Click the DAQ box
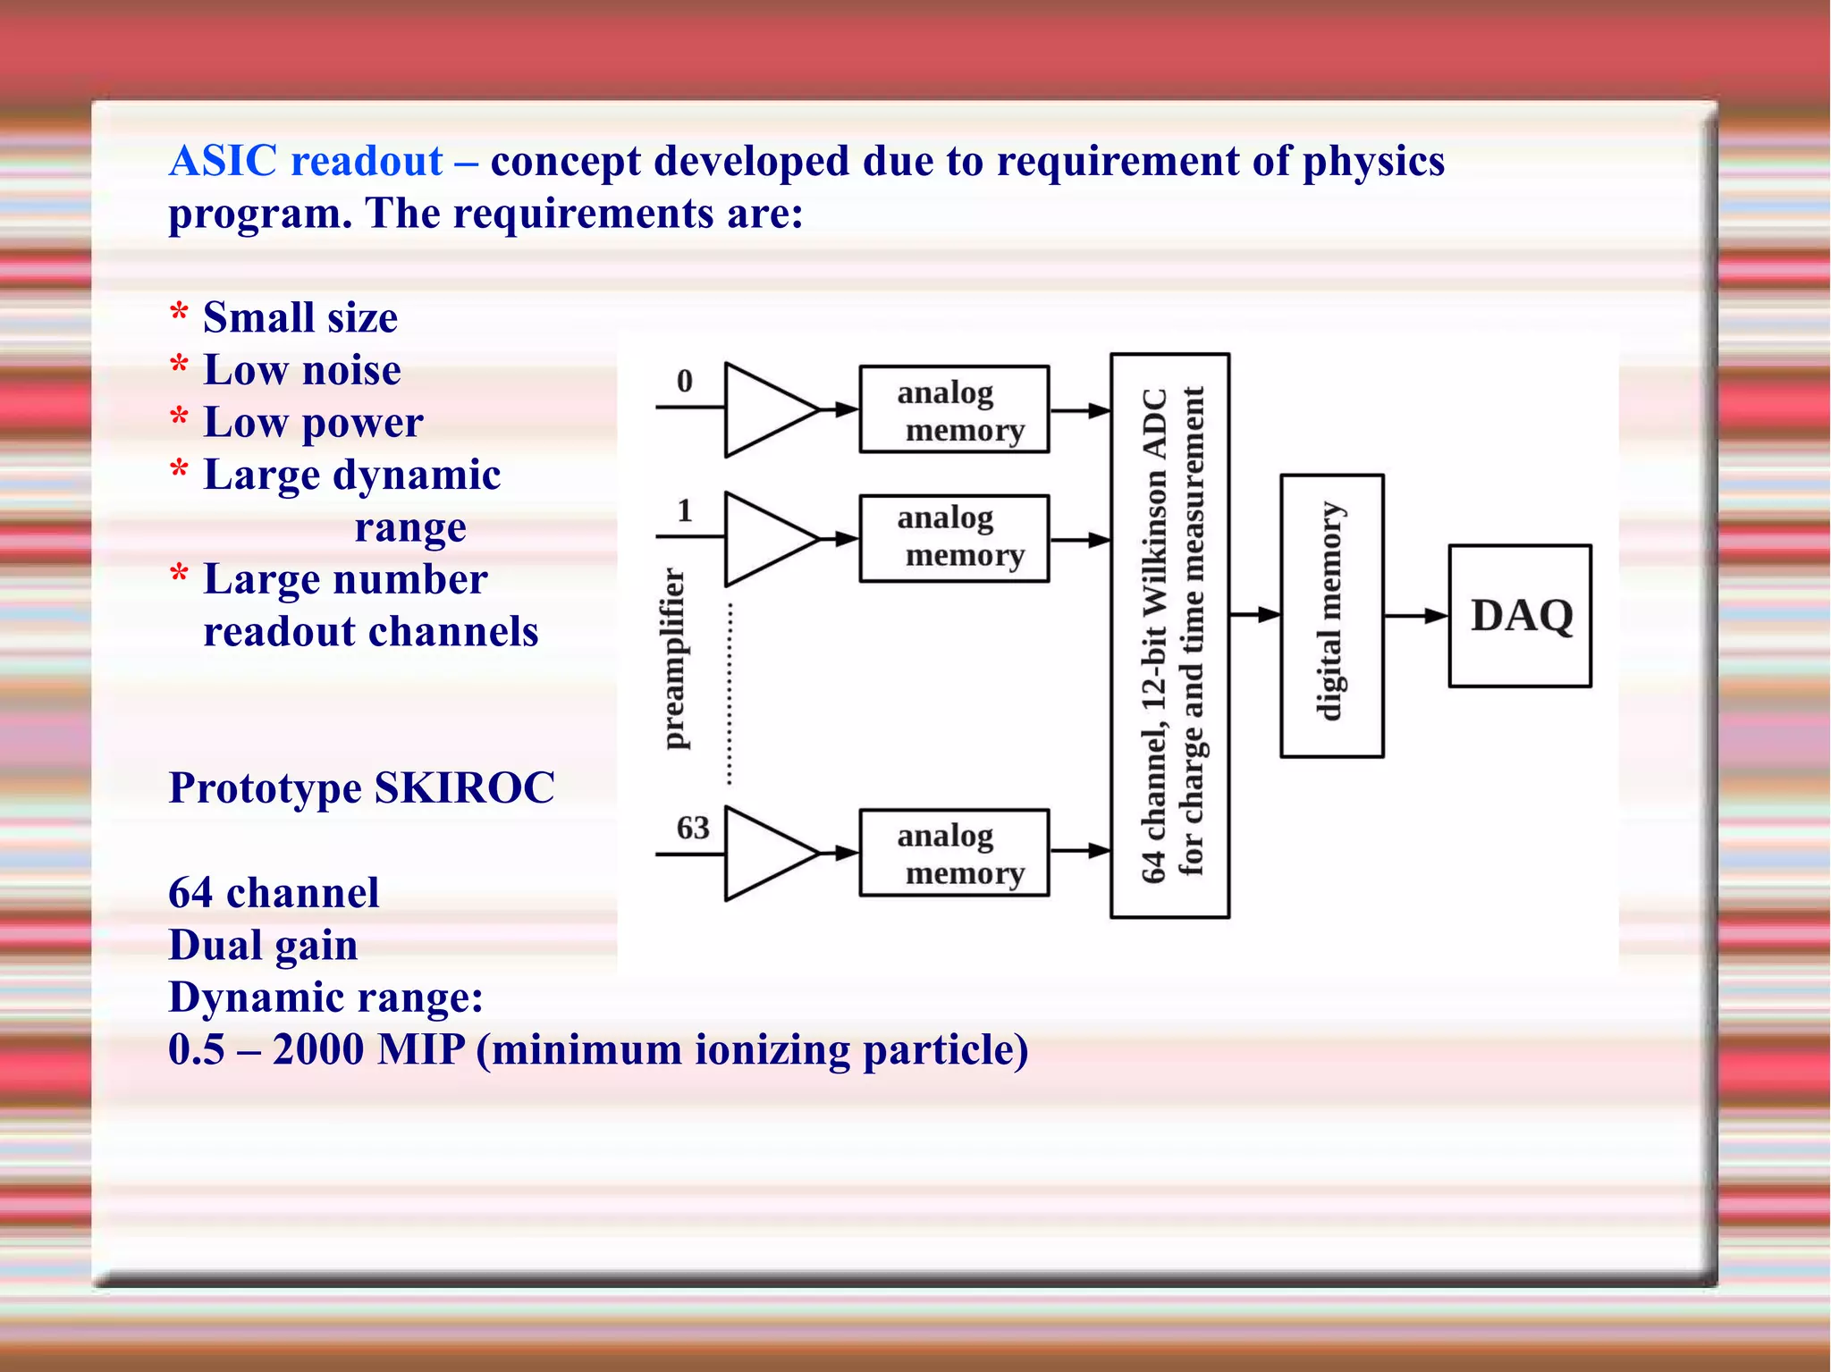1519,616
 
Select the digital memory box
1331,616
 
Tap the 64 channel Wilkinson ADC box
1169,635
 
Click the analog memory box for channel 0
953,409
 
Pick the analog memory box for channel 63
953,853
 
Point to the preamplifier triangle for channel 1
764,539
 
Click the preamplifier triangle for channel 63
764,854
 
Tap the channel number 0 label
684,382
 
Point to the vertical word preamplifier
675,659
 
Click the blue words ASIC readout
306,162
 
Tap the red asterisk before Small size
180,314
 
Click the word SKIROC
464,788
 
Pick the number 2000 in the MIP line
318,1049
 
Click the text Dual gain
263,946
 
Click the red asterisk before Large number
180,575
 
